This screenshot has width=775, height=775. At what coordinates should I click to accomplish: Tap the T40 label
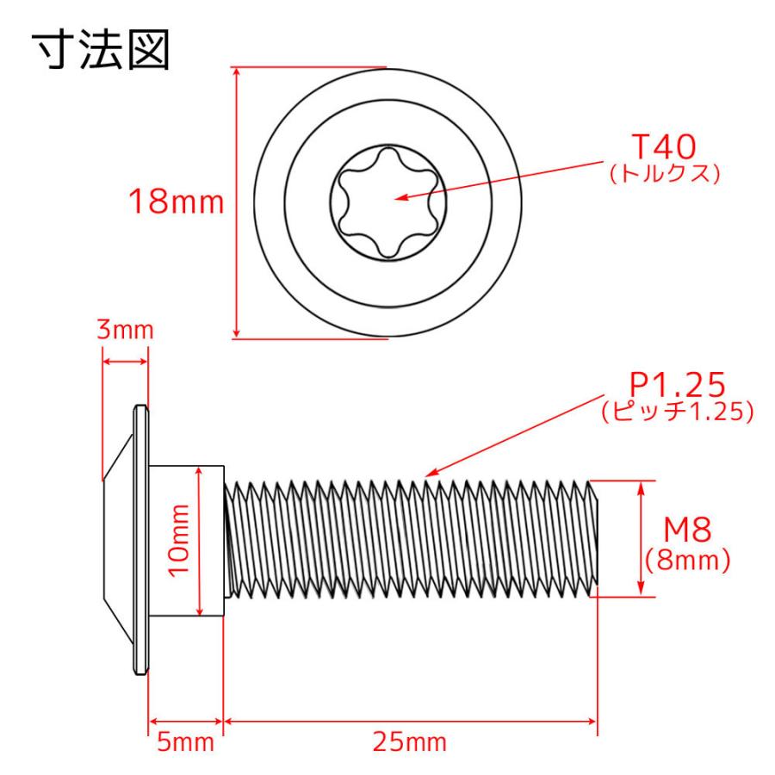662,147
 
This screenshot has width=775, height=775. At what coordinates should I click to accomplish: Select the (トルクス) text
663,173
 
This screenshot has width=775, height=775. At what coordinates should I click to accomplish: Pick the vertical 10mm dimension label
180,541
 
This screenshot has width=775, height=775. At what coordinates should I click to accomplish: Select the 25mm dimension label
409,742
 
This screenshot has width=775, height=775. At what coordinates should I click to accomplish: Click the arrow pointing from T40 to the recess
499,181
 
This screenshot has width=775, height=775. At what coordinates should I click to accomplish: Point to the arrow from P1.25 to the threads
517,435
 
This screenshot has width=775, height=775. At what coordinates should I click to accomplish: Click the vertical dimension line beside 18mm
237,204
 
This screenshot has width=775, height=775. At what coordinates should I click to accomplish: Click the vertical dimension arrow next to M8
641,538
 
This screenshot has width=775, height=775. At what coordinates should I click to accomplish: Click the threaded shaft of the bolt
409,538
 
